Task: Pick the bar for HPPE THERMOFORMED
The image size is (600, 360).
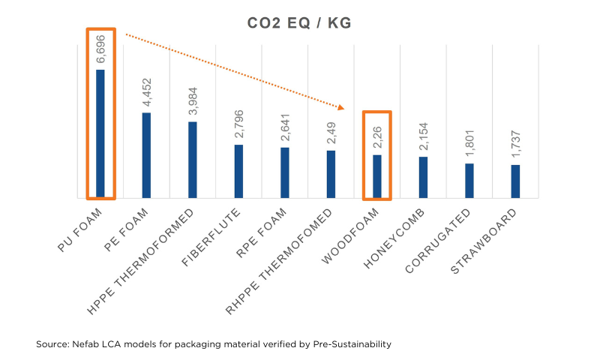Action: pos(193,160)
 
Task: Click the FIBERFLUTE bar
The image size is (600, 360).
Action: pos(238,171)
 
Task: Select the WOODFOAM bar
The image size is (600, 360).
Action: pos(377,176)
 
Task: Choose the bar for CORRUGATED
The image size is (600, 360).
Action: pos(469,181)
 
